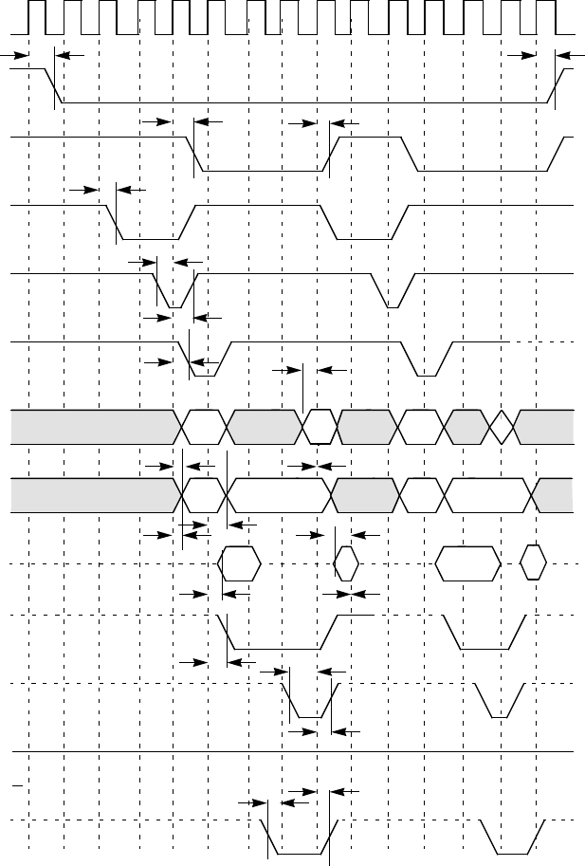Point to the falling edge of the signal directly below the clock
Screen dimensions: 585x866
(57, 85)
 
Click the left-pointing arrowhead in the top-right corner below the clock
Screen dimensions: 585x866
(562, 55)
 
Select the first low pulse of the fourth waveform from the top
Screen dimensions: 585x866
(147, 237)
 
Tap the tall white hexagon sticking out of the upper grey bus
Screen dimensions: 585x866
(320, 426)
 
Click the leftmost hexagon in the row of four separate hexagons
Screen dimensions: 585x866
(239, 563)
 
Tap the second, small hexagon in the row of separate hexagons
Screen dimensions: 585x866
(346, 563)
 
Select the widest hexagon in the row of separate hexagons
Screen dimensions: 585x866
(468, 563)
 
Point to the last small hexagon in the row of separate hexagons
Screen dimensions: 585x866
(534, 563)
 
